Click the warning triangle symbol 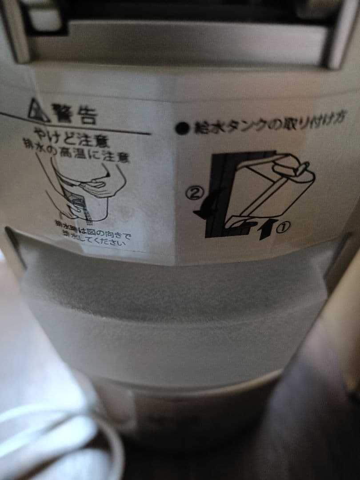click(39, 110)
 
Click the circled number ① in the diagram click(284, 227)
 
